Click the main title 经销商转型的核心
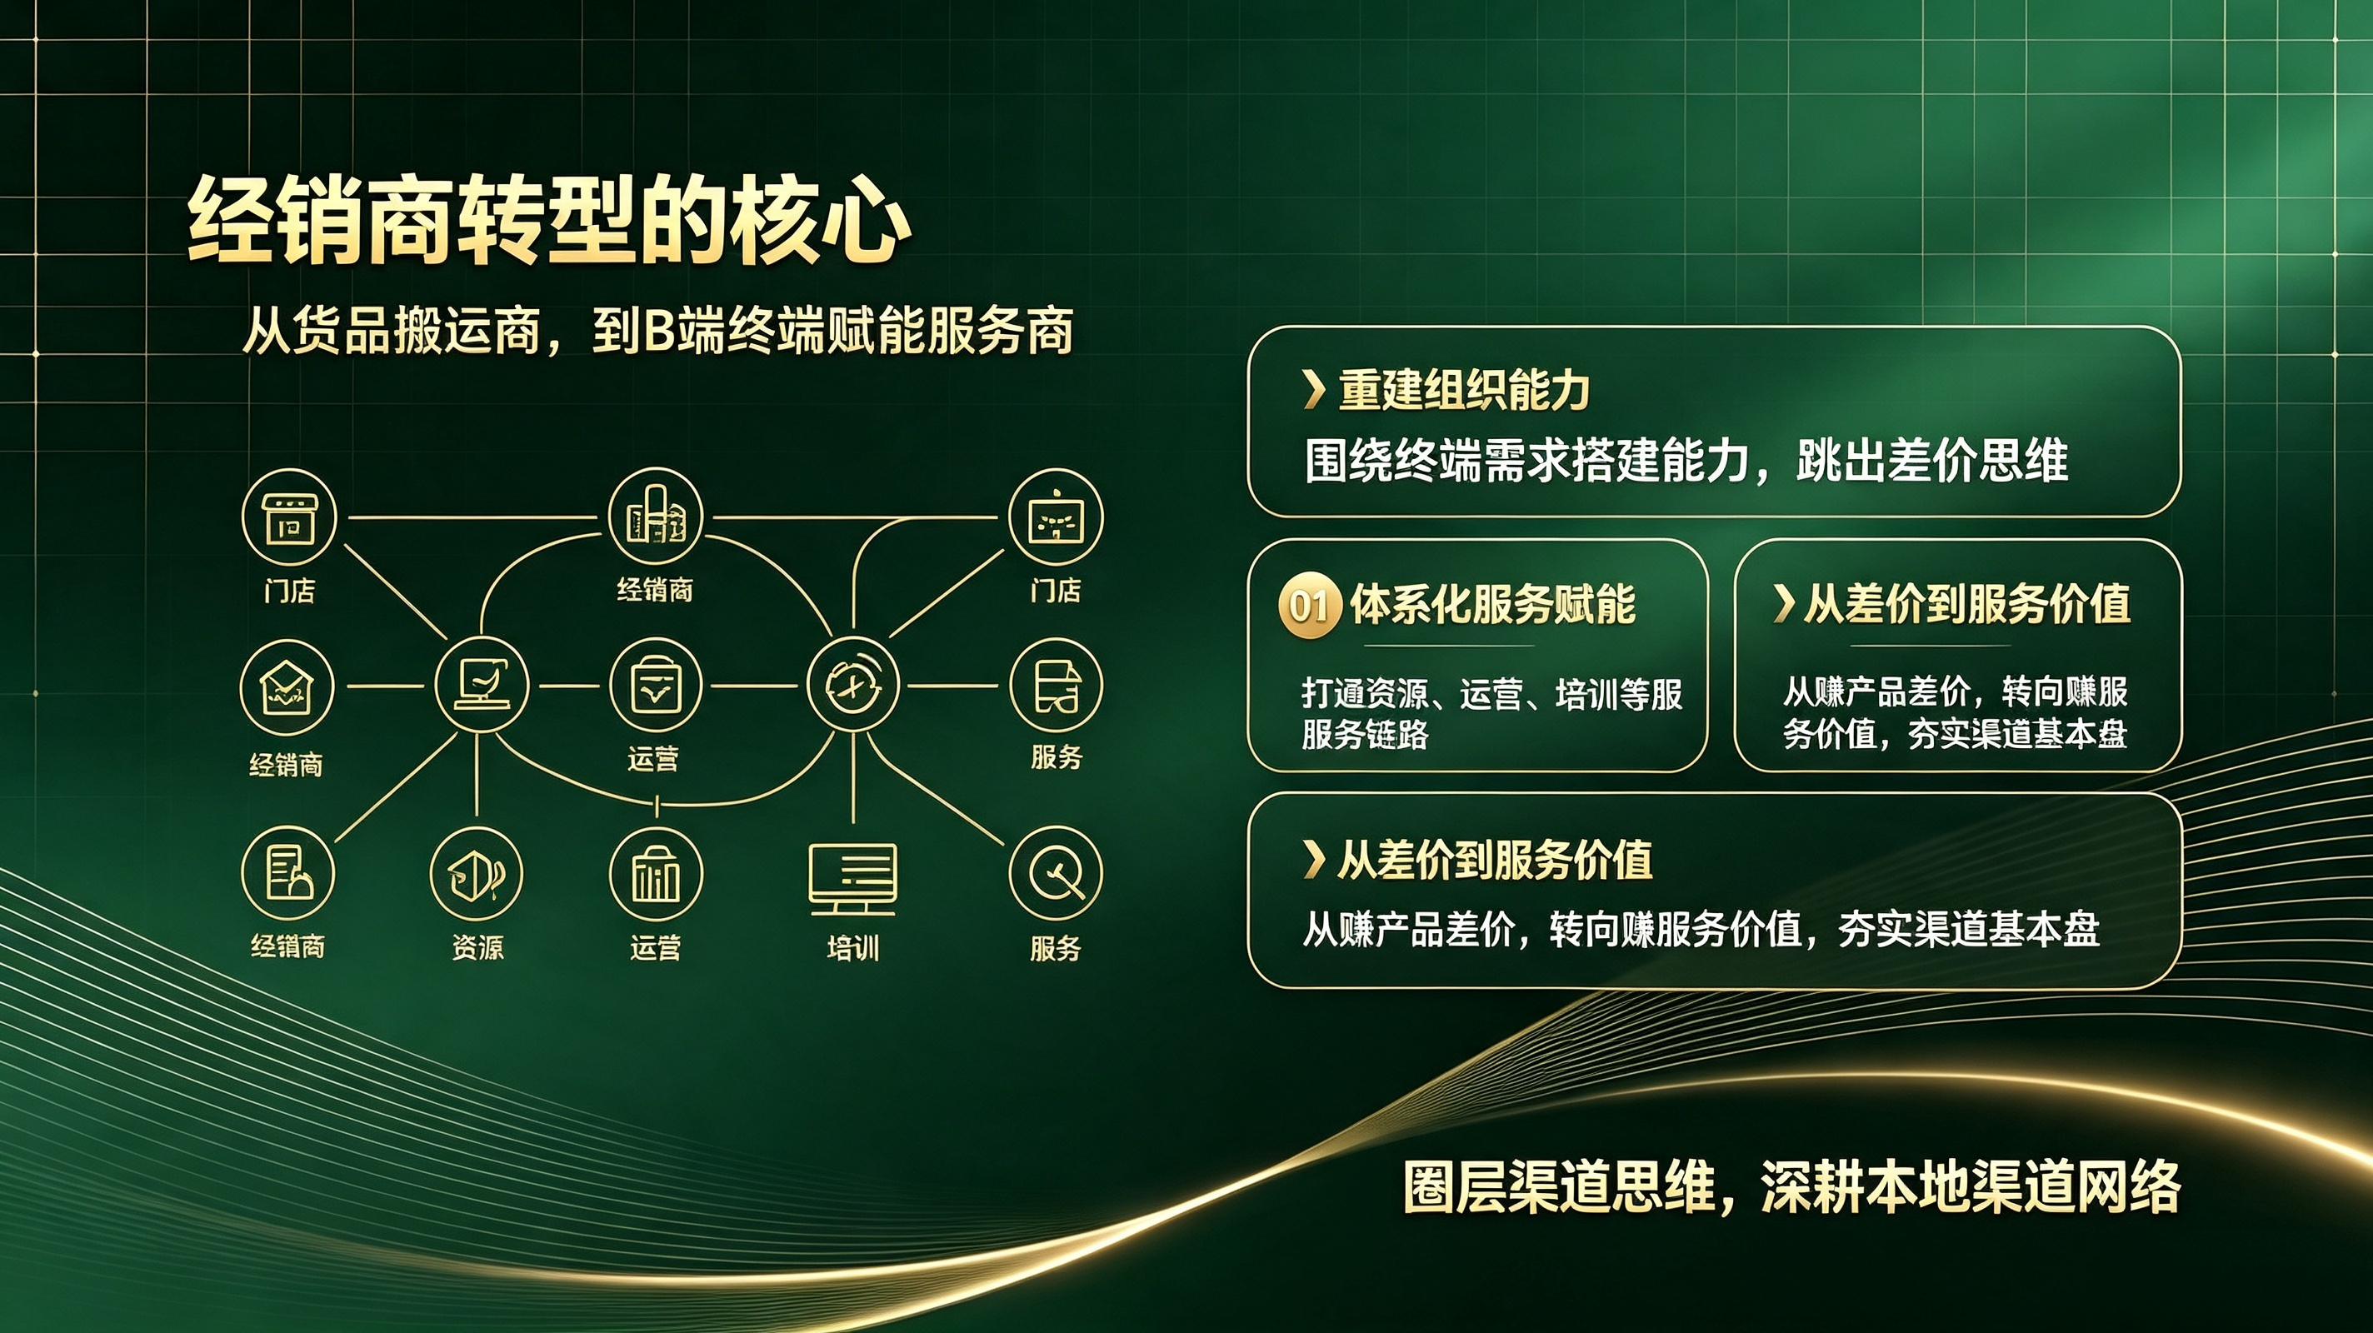[550, 221]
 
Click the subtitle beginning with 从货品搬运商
[657, 331]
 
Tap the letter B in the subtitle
[660, 332]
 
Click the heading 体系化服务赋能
[1492, 605]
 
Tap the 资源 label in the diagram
[477, 947]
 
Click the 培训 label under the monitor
[853, 948]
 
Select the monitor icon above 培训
[853, 879]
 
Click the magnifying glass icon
[1056, 874]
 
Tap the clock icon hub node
[852, 686]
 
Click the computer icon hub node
[481, 686]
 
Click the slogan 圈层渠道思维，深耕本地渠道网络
[1791, 1186]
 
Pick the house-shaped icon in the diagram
[286, 687]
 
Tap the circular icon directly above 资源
[477, 874]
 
